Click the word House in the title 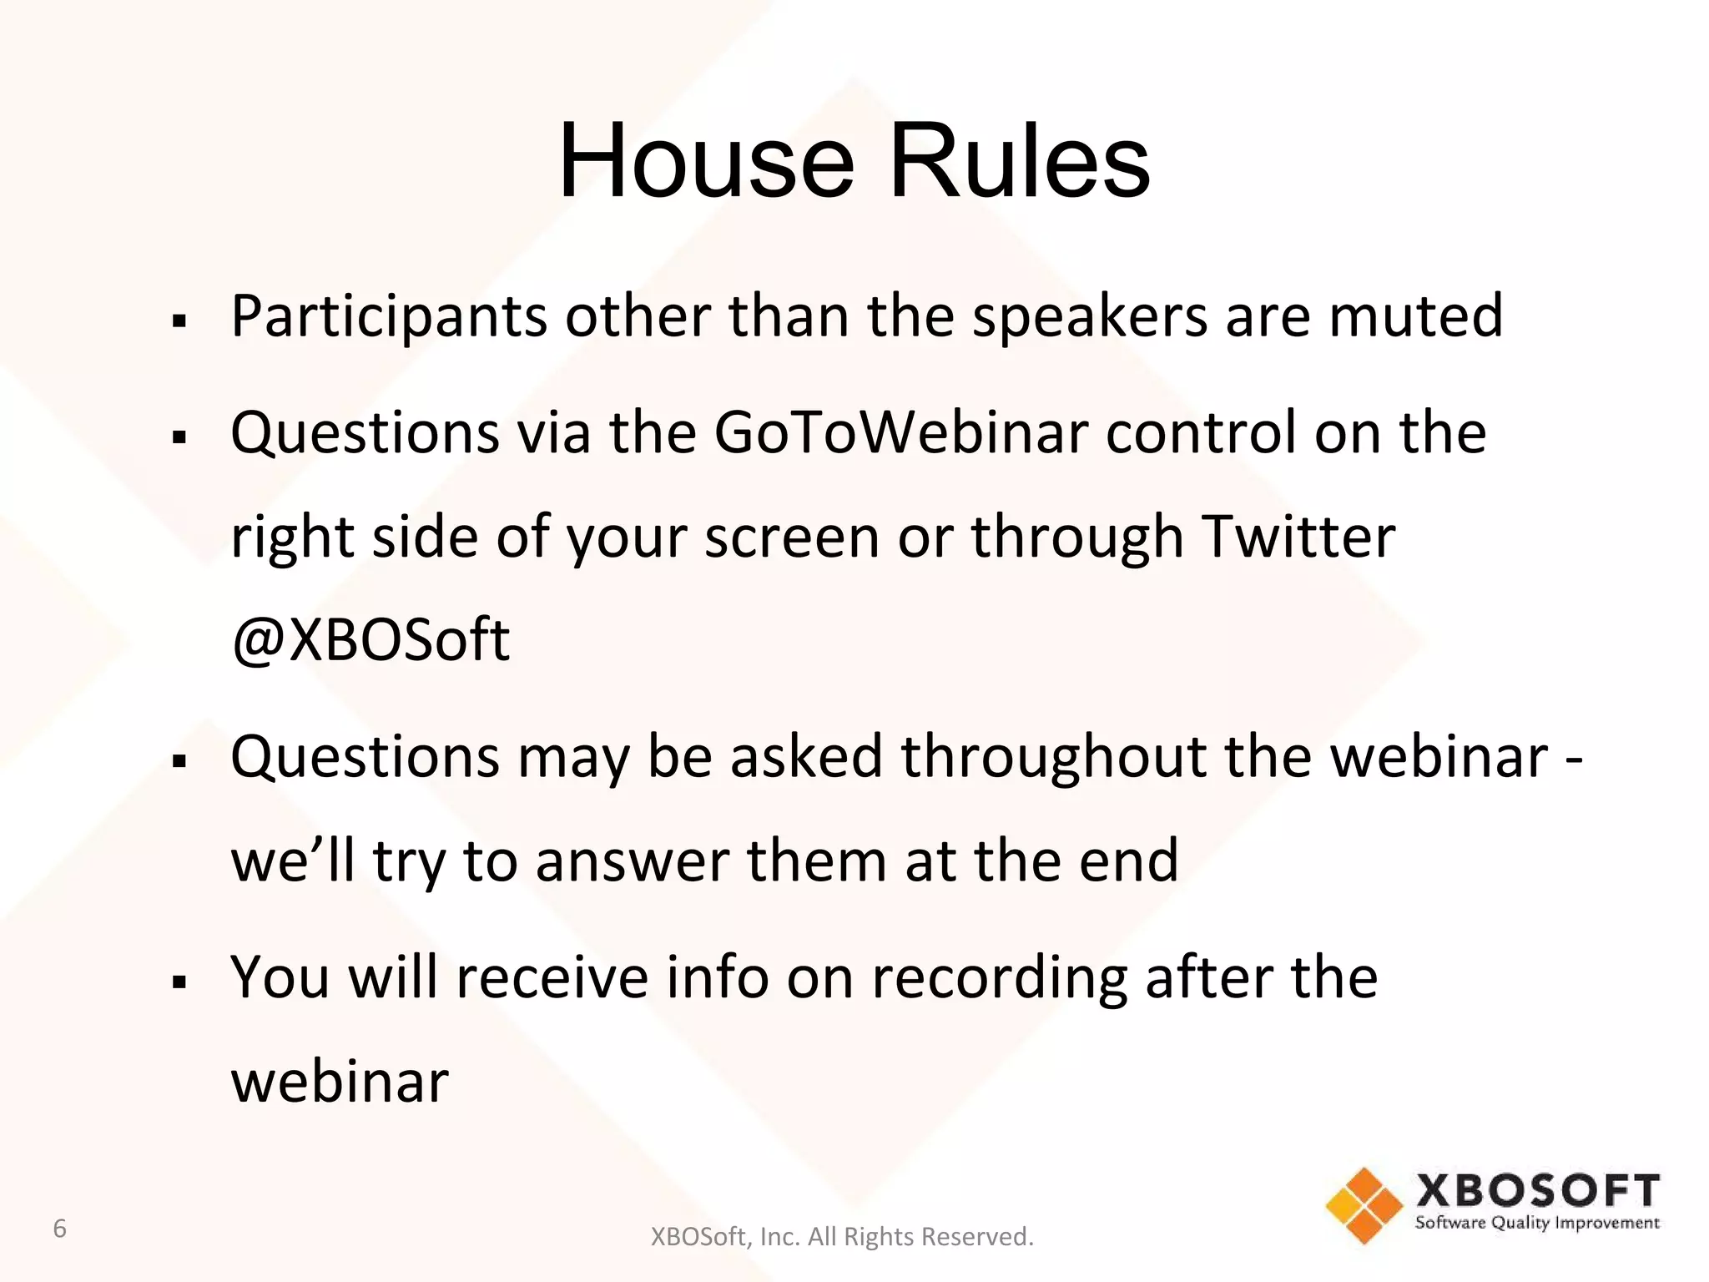tap(706, 160)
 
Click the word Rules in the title tap(1019, 160)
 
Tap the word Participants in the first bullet tap(389, 318)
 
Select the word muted tap(1415, 316)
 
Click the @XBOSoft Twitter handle tap(371, 641)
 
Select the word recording tap(999, 979)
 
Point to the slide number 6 tap(59, 1229)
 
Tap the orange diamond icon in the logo tap(1364, 1205)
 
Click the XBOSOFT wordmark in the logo tap(1537, 1191)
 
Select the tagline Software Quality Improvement tap(1537, 1223)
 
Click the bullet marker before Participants tap(179, 320)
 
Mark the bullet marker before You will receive tap(179, 982)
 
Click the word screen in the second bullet tap(791, 537)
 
